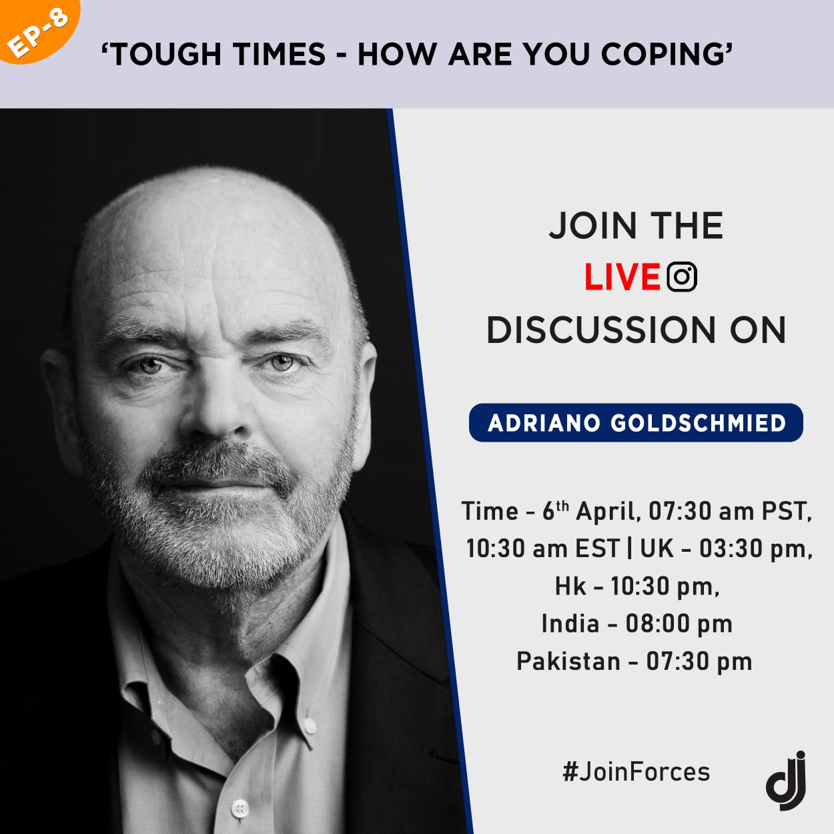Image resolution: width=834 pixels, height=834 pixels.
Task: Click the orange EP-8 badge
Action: click(x=37, y=28)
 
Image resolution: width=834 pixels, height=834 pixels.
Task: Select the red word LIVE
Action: click(x=622, y=277)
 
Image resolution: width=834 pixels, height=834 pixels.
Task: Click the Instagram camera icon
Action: click(x=682, y=277)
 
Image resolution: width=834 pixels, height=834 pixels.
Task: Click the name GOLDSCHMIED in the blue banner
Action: click(x=698, y=423)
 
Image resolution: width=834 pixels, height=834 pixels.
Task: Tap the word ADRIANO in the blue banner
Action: click(x=544, y=423)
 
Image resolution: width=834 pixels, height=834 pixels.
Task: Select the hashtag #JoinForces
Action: click(x=637, y=772)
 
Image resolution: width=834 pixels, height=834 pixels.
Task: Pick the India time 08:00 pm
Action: click(x=679, y=624)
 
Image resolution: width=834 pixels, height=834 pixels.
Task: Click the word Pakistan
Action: click(x=568, y=661)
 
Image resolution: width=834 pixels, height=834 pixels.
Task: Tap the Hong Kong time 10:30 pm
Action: click(x=665, y=587)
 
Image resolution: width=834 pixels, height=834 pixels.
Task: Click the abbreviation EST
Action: click(x=598, y=549)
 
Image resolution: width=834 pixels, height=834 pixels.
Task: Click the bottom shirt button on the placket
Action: click(x=240, y=807)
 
